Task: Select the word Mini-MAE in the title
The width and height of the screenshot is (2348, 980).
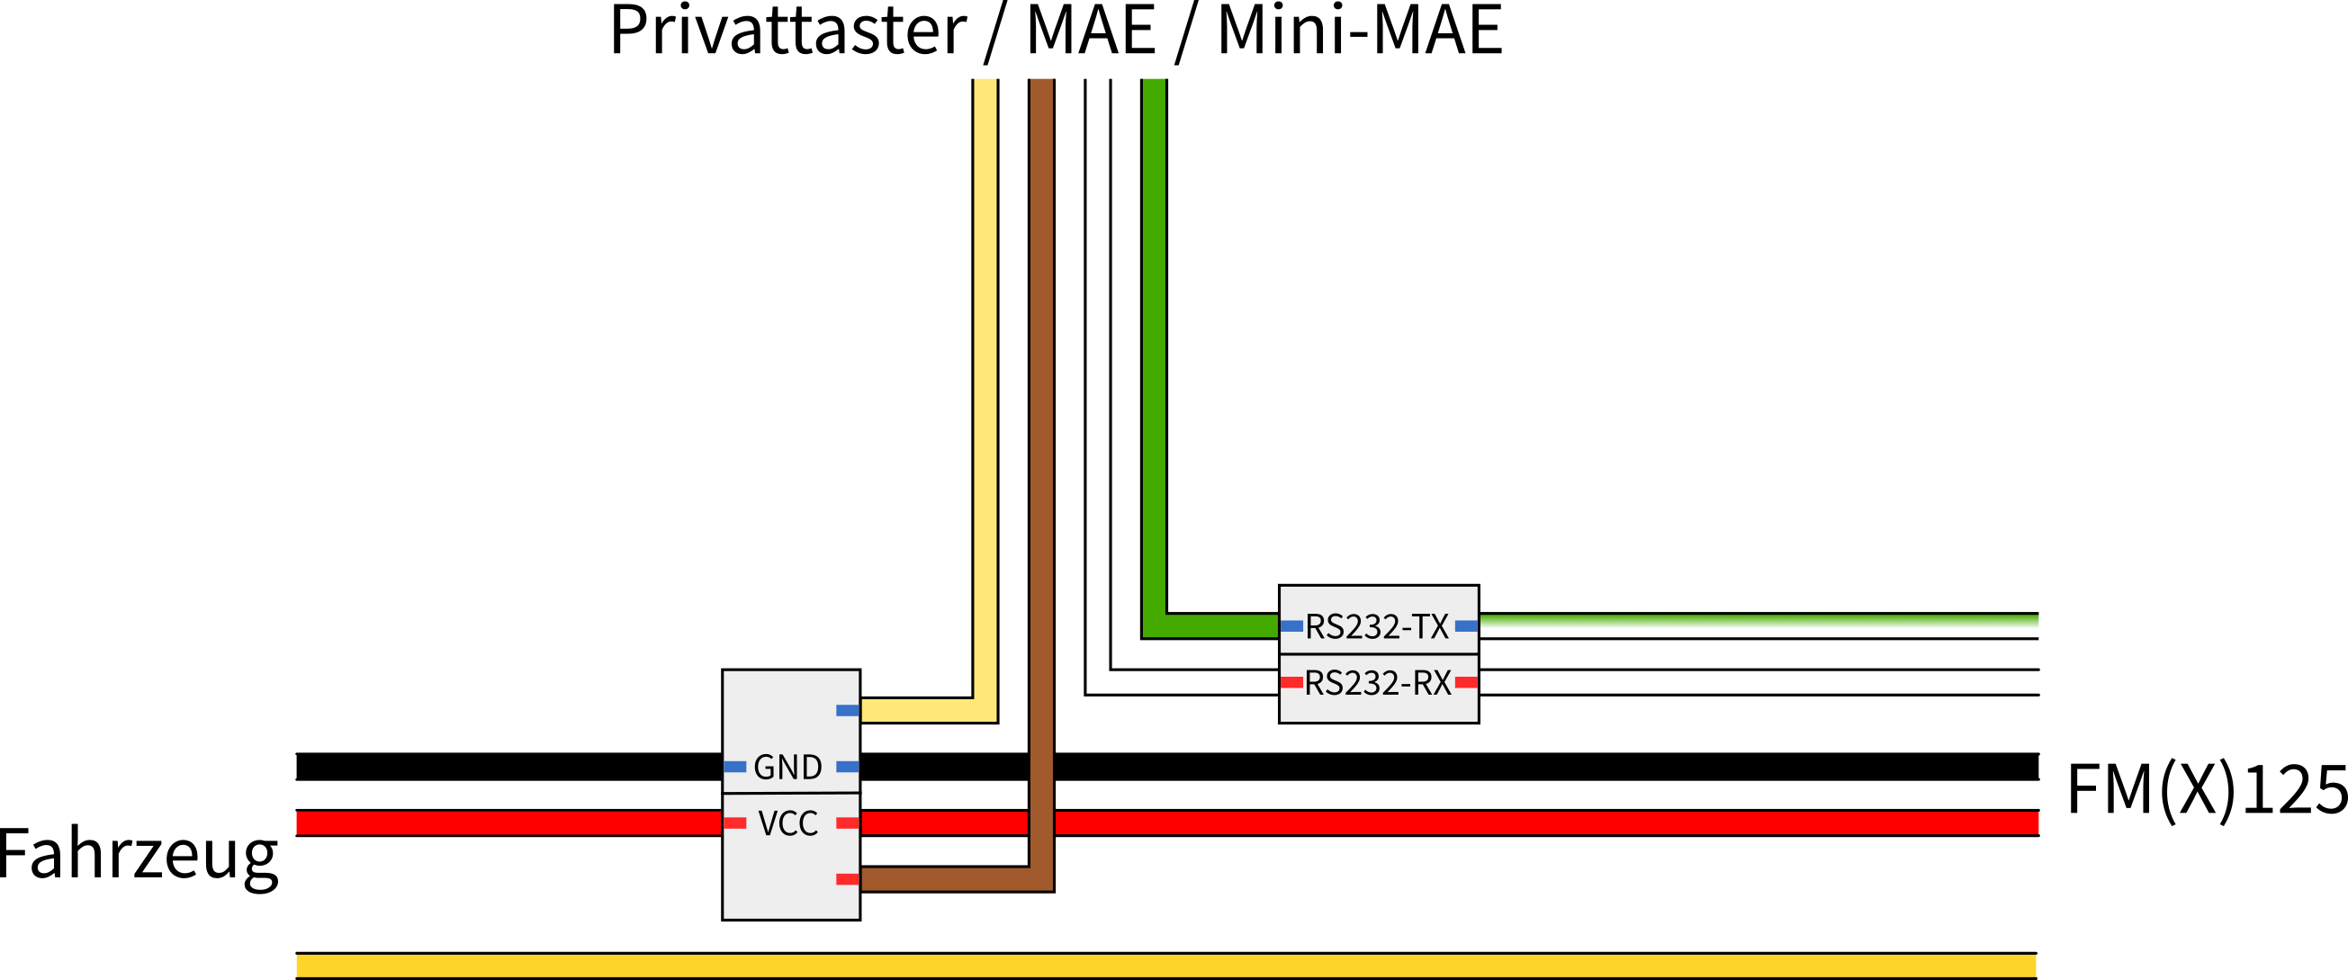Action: tap(1360, 32)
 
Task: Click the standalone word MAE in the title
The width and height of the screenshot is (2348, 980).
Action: tap(1091, 32)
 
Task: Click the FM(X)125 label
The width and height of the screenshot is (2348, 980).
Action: tap(2207, 789)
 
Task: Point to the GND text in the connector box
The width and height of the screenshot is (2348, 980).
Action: tap(787, 768)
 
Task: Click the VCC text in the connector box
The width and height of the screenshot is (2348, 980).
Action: tap(787, 824)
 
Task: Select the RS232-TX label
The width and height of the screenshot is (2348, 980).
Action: tap(1376, 627)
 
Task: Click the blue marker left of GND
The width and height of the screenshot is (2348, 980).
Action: tap(734, 767)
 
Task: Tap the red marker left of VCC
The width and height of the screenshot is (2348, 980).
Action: tap(734, 823)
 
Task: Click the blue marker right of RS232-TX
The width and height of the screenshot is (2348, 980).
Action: tap(1466, 626)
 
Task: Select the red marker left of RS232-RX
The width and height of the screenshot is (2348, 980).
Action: tap(1291, 683)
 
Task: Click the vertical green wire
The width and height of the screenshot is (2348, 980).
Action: tap(1154, 346)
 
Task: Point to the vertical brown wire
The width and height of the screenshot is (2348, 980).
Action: tap(1041, 410)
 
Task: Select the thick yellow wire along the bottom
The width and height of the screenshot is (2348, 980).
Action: tap(1166, 966)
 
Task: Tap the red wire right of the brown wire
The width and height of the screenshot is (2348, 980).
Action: tap(1550, 823)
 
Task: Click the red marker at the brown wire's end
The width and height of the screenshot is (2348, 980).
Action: tap(847, 880)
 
